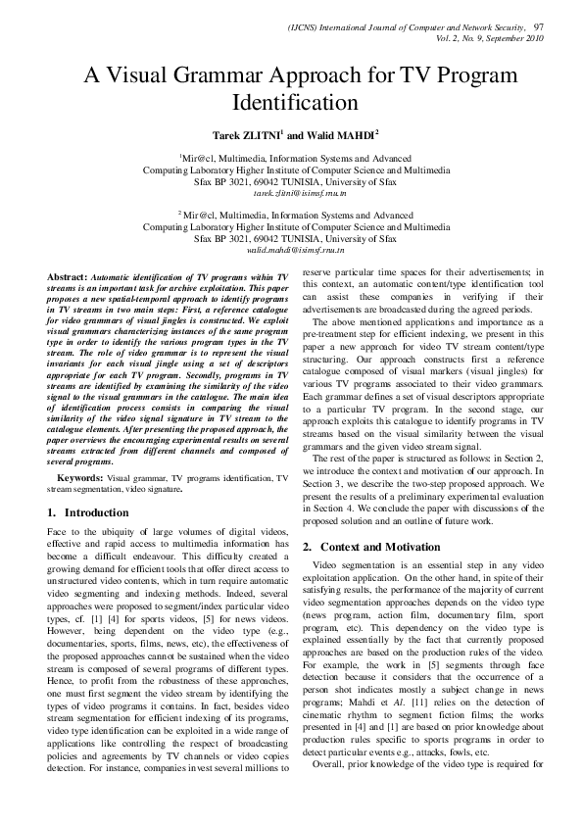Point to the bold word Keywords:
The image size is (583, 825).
point(79,478)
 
